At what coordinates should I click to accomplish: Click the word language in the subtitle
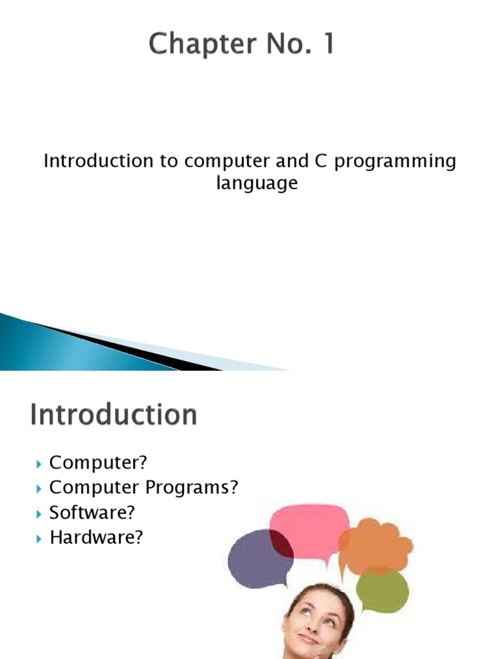pyautogui.click(x=257, y=183)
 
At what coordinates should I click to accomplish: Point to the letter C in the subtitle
pyautogui.click(x=321, y=161)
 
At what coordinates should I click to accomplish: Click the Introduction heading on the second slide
pyautogui.click(x=113, y=415)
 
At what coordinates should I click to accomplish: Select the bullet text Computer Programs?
pyautogui.click(x=143, y=488)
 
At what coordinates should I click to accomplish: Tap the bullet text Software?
pyautogui.click(x=93, y=513)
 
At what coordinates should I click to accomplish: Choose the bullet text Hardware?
pyautogui.click(x=96, y=538)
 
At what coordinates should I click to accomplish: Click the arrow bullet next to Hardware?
pyautogui.click(x=39, y=539)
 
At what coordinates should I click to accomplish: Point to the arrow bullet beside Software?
pyautogui.click(x=39, y=514)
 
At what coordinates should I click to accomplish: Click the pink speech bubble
pyautogui.click(x=309, y=527)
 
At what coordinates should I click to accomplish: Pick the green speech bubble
pyautogui.click(x=382, y=589)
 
